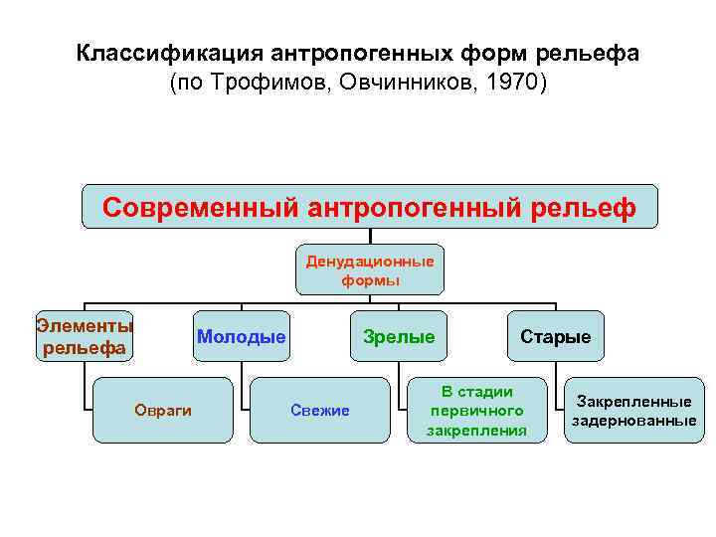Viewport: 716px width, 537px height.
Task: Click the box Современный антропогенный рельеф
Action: pyautogui.click(x=369, y=208)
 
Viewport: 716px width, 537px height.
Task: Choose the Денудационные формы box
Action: pyautogui.click(x=370, y=270)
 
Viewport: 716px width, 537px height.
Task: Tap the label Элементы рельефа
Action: pyautogui.click(x=85, y=336)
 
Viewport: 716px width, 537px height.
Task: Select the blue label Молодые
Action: pyautogui.click(x=242, y=337)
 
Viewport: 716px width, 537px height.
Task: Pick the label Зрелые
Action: pyautogui.click(x=399, y=337)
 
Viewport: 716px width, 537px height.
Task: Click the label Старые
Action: pyautogui.click(x=556, y=337)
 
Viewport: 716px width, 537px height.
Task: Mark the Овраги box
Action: pyautogui.click(x=163, y=411)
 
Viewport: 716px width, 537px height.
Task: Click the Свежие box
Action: pyautogui.click(x=320, y=411)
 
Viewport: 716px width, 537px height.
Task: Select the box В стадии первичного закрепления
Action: pyautogui.click(x=476, y=411)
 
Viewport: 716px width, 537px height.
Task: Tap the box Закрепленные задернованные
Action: pyautogui.click(x=633, y=411)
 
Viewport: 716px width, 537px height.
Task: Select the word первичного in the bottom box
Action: pyautogui.click(x=476, y=411)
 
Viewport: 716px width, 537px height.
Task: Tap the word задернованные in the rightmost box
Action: pyautogui.click(x=633, y=421)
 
